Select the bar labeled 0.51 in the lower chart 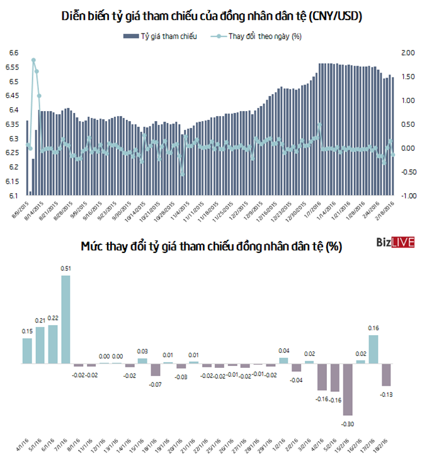tap(66, 319)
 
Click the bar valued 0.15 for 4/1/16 tap(27, 351)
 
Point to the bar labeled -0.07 tap(156, 370)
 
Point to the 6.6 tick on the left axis tap(14, 53)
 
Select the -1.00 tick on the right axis tap(406, 196)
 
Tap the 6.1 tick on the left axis tap(14, 196)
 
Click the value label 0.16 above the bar tap(373, 328)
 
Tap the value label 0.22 tap(53, 318)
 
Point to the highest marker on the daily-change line tap(33, 60)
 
